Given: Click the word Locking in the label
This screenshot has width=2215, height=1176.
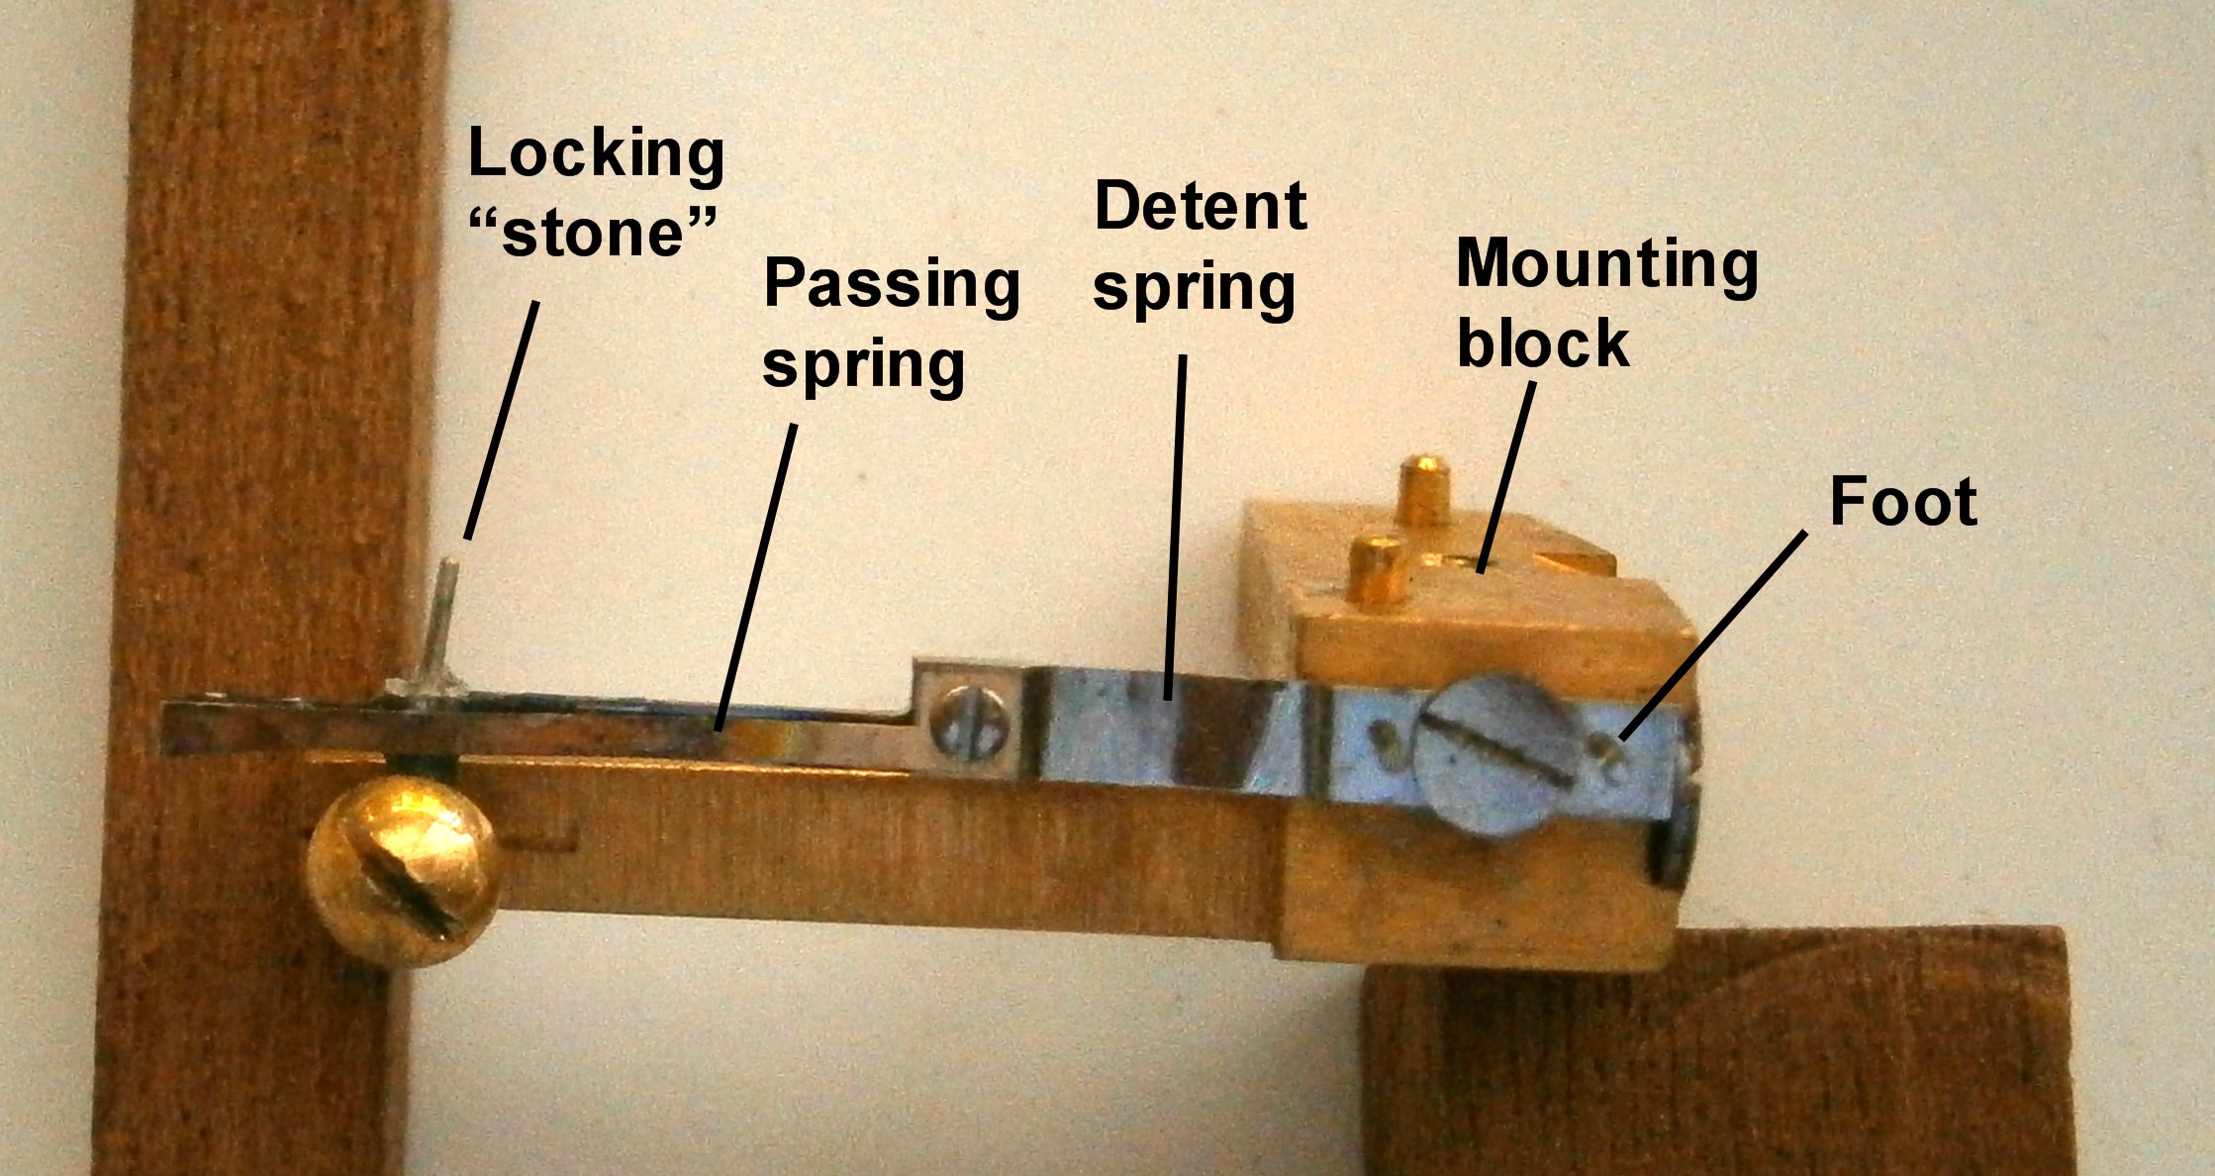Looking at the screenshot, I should point(596,154).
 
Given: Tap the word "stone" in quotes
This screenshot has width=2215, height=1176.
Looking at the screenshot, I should point(593,234).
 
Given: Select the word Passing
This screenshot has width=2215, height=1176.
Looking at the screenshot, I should point(891,285).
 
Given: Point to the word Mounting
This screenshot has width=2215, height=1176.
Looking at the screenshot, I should point(1607,265).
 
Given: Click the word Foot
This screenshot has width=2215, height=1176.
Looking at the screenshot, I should point(1902,501).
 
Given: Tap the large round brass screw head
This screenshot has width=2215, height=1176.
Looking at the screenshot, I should point(404,869).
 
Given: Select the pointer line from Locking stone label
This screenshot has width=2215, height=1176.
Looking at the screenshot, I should point(503,420).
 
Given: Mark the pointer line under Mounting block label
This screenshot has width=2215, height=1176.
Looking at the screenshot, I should point(1506,475).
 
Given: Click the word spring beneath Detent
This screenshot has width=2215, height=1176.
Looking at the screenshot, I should point(1194,289).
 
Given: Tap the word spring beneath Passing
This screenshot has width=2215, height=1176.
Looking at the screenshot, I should point(863,366).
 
